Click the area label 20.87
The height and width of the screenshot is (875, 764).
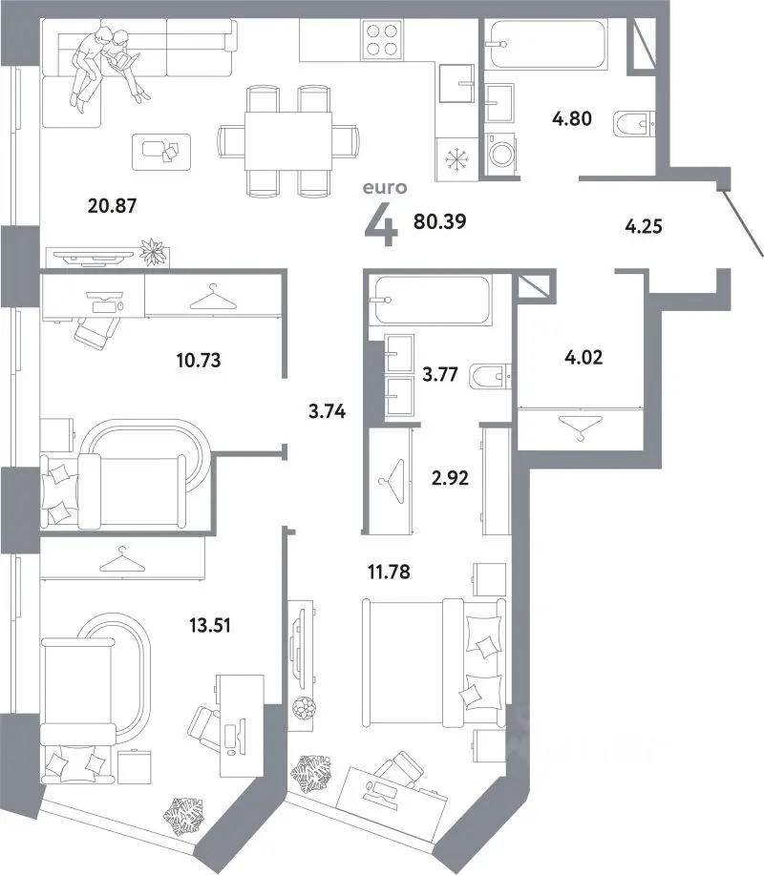tap(112, 205)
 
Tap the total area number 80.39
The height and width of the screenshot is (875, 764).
tap(439, 221)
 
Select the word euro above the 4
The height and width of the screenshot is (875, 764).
tap(385, 187)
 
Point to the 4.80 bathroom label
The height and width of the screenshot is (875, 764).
tap(572, 118)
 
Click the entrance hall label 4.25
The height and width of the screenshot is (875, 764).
tap(644, 226)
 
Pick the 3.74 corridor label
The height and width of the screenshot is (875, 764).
tap(327, 411)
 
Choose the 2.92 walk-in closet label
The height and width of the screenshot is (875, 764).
tap(450, 478)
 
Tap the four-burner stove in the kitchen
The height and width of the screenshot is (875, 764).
tap(383, 39)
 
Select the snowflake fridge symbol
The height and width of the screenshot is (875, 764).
tap(456, 159)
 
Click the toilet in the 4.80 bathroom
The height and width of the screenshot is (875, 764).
tap(634, 124)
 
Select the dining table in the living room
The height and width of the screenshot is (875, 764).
tap(288, 140)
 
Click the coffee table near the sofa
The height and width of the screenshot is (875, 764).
tap(161, 152)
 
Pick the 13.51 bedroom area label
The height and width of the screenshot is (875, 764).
tap(209, 625)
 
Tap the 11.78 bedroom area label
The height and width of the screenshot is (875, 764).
tap(389, 572)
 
